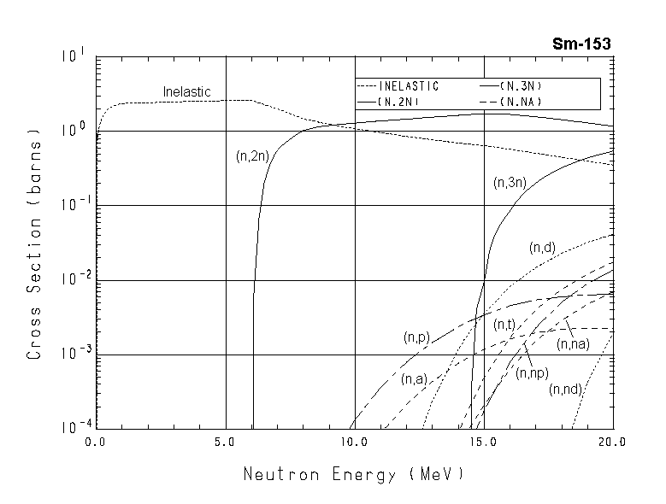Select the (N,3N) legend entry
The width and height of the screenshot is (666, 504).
[523, 86]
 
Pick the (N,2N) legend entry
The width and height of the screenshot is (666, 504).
[401, 101]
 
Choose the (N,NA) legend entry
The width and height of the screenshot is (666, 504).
[523, 101]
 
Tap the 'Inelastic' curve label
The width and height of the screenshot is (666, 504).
[186, 91]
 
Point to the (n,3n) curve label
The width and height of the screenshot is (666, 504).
[510, 182]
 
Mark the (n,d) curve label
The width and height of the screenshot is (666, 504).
[543, 248]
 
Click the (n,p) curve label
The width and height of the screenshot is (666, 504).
[416, 337]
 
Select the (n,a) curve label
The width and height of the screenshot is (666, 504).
[413, 379]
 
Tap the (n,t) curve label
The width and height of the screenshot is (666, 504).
[504, 324]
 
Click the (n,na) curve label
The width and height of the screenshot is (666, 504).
[573, 343]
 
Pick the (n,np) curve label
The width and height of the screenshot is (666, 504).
[532, 372]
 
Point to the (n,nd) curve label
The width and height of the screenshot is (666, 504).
[566, 390]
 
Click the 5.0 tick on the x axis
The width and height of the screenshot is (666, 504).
[225, 442]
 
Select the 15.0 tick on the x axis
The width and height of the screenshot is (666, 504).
[484, 442]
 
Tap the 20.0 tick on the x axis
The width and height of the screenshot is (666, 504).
[612, 442]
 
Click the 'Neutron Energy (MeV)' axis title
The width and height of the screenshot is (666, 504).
[354, 473]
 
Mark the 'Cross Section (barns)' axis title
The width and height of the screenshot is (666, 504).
[35, 244]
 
